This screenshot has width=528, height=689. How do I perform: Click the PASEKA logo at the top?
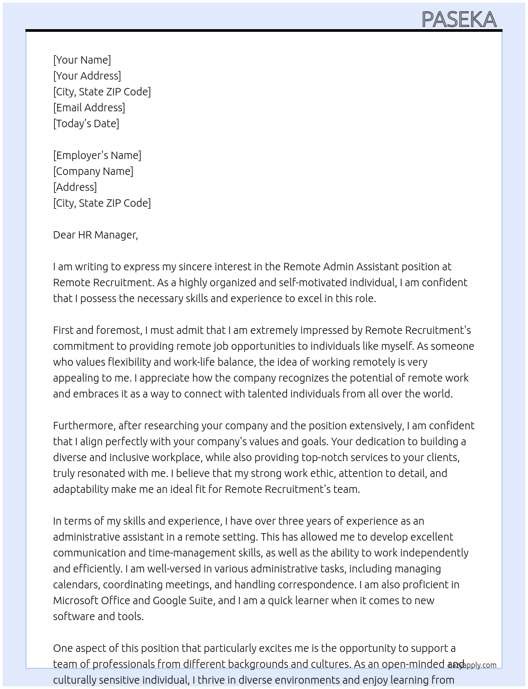click(x=459, y=20)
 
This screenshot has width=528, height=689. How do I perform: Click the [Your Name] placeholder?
click(x=82, y=60)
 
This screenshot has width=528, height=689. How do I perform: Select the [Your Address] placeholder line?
click(x=87, y=76)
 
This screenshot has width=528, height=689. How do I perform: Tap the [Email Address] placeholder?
click(x=89, y=108)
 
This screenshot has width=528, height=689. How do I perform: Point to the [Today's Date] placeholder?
click(x=86, y=123)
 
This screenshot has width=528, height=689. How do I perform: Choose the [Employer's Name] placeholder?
click(x=97, y=155)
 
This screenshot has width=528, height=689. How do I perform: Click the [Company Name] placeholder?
click(x=93, y=171)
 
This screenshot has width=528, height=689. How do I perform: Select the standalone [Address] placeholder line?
click(x=75, y=187)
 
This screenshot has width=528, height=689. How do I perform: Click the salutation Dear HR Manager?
click(x=95, y=235)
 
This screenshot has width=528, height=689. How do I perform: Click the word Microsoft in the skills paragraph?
click(x=74, y=600)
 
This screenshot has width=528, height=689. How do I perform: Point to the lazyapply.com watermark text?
click(x=472, y=665)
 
